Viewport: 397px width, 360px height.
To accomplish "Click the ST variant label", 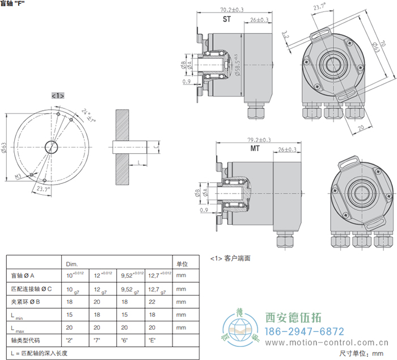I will (227, 19).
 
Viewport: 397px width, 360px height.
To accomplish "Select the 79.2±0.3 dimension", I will (259, 140).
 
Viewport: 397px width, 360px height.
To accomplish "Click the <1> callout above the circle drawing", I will (57, 95).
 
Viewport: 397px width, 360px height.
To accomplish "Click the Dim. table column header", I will (72, 264).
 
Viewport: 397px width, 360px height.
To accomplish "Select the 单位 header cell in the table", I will (182, 264).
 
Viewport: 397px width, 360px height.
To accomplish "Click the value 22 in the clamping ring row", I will (152, 302).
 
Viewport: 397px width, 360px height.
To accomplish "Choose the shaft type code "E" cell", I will (152, 341).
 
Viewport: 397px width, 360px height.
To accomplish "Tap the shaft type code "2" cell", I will (69, 341).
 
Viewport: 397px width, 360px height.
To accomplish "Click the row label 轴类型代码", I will (26, 341).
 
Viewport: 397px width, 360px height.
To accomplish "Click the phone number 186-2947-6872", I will (305, 331).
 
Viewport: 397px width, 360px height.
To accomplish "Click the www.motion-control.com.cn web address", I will (330, 343).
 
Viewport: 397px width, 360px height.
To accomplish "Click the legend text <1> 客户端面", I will (230, 257).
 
